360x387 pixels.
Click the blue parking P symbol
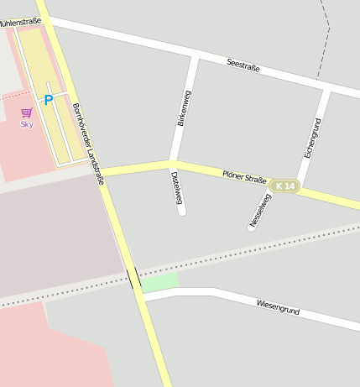pyautogui.click(x=48, y=100)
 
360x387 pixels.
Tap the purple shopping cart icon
pyautogui.click(x=27, y=112)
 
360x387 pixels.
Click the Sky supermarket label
pyautogui.click(x=27, y=123)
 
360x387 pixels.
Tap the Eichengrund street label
pyautogui.click(x=312, y=139)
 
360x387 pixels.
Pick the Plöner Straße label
pyautogui.click(x=244, y=177)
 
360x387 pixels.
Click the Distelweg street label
pyautogui.click(x=177, y=188)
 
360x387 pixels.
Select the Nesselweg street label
pyautogui.click(x=261, y=210)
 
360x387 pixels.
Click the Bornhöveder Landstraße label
pyautogui.click(x=88, y=137)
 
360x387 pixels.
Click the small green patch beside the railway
pyautogui.click(x=159, y=283)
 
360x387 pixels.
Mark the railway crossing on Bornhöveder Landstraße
pyautogui.click(x=133, y=278)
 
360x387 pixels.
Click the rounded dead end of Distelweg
pyautogui.click(x=181, y=212)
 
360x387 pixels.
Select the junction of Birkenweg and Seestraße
pyautogui.click(x=196, y=57)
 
